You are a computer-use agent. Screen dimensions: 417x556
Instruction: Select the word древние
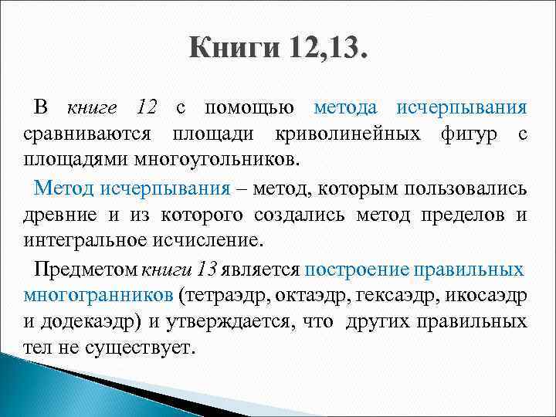point(59,215)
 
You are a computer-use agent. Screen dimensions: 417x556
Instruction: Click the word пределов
point(458,215)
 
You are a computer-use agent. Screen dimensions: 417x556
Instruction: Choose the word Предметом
point(86,269)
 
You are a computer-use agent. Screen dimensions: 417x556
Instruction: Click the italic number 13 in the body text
point(207,269)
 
